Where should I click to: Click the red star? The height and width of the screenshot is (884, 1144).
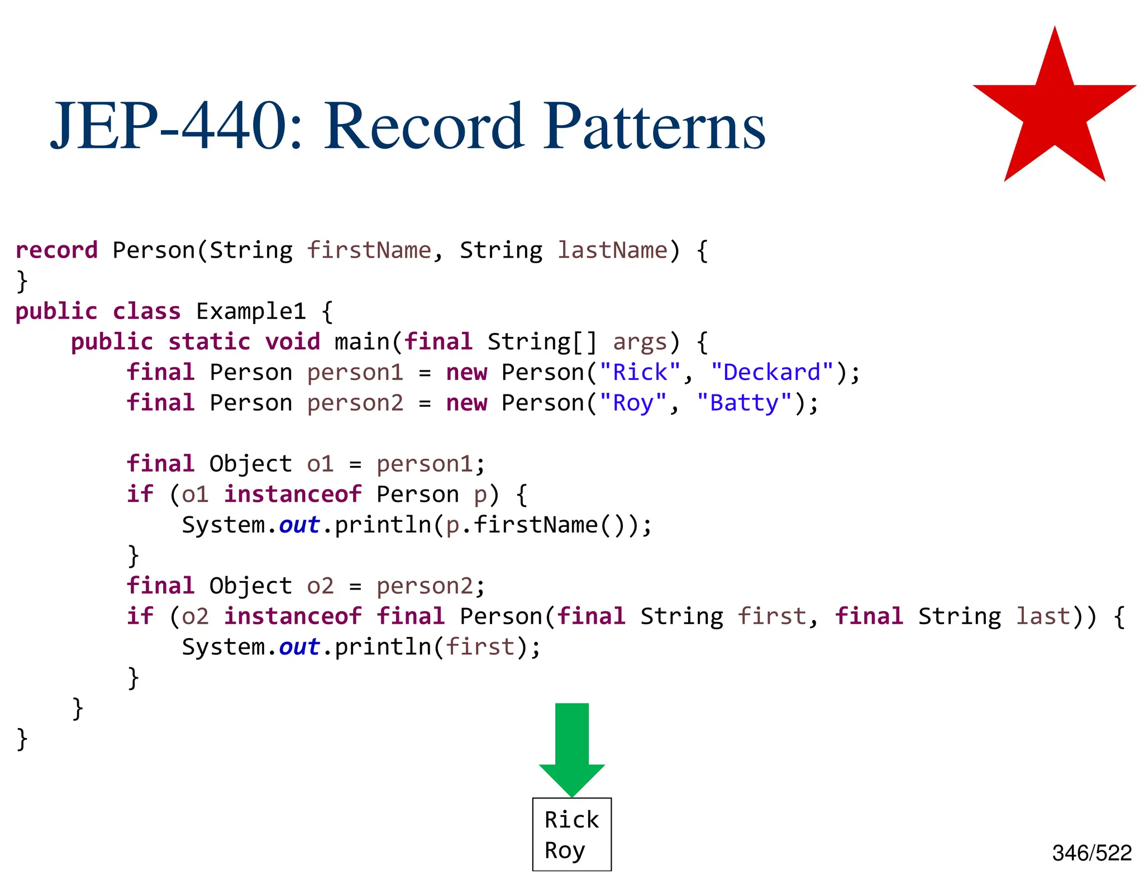tap(1054, 112)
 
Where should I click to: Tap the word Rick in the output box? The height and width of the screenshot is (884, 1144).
tap(571, 820)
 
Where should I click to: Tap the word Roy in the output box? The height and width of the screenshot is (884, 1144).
tap(564, 850)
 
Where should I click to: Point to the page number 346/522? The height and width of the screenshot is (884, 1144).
tap(1091, 853)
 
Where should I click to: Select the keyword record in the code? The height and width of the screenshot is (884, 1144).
tap(56, 250)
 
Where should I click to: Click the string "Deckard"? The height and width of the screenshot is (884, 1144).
tap(772, 372)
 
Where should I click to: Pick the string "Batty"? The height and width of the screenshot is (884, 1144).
tap(744, 403)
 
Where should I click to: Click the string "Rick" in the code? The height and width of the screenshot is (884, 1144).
tap(640, 372)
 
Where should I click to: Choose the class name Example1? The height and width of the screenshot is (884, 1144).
tap(251, 311)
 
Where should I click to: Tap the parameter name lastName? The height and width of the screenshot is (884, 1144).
tap(612, 250)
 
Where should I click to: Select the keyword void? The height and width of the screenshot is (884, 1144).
tap(292, 341)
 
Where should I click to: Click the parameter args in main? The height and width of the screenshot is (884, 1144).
tap(640, 341)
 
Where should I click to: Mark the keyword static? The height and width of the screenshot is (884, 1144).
tap(209, 341)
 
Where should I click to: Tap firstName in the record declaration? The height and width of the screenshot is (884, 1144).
tap(369, 250)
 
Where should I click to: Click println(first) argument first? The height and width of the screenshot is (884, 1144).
tap(479, 647)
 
